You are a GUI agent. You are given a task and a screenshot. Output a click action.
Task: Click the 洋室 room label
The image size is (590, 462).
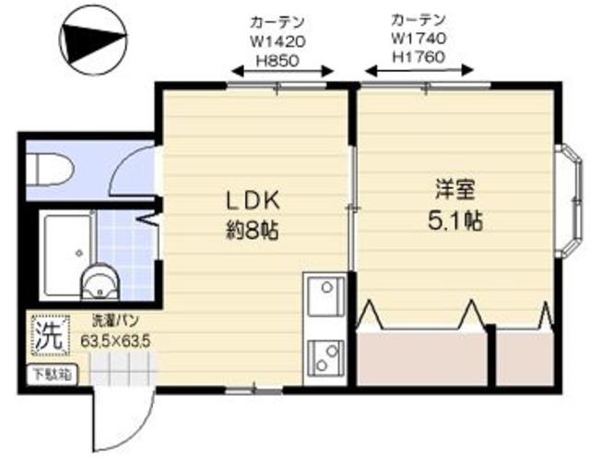pyautogui.click(x=455, y=190)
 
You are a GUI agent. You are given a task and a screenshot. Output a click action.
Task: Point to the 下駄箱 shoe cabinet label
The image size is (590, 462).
pyautogui.click(x=51, y=373)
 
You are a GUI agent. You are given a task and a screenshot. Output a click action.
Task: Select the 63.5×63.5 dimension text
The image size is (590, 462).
pyautogui.click(x=115, y=340)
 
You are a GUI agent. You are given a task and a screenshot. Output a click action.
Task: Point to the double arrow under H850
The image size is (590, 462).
pyautogui.click(x=280, y=70)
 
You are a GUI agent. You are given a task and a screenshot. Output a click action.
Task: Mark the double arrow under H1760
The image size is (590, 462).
pyautogui.click(x=420, y=70)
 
